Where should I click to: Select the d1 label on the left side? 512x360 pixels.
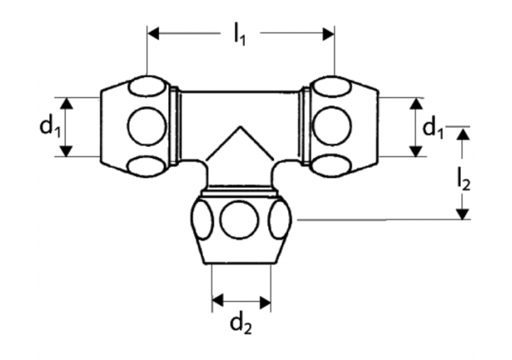point(47,126)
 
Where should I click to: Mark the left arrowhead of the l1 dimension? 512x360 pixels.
point(154,32)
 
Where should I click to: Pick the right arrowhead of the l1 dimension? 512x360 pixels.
point(328,32)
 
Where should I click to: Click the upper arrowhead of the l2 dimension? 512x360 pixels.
point(464,133)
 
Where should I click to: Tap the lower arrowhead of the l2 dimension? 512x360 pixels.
point(464,213)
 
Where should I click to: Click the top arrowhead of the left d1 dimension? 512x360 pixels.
point(66,103)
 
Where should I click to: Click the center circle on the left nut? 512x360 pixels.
point(147,126)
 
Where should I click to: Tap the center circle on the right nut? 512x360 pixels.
point(332,126)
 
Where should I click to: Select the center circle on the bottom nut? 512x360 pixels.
point(240,220)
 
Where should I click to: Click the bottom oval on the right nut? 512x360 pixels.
point(332,165)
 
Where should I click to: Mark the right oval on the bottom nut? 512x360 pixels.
point(280,220)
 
